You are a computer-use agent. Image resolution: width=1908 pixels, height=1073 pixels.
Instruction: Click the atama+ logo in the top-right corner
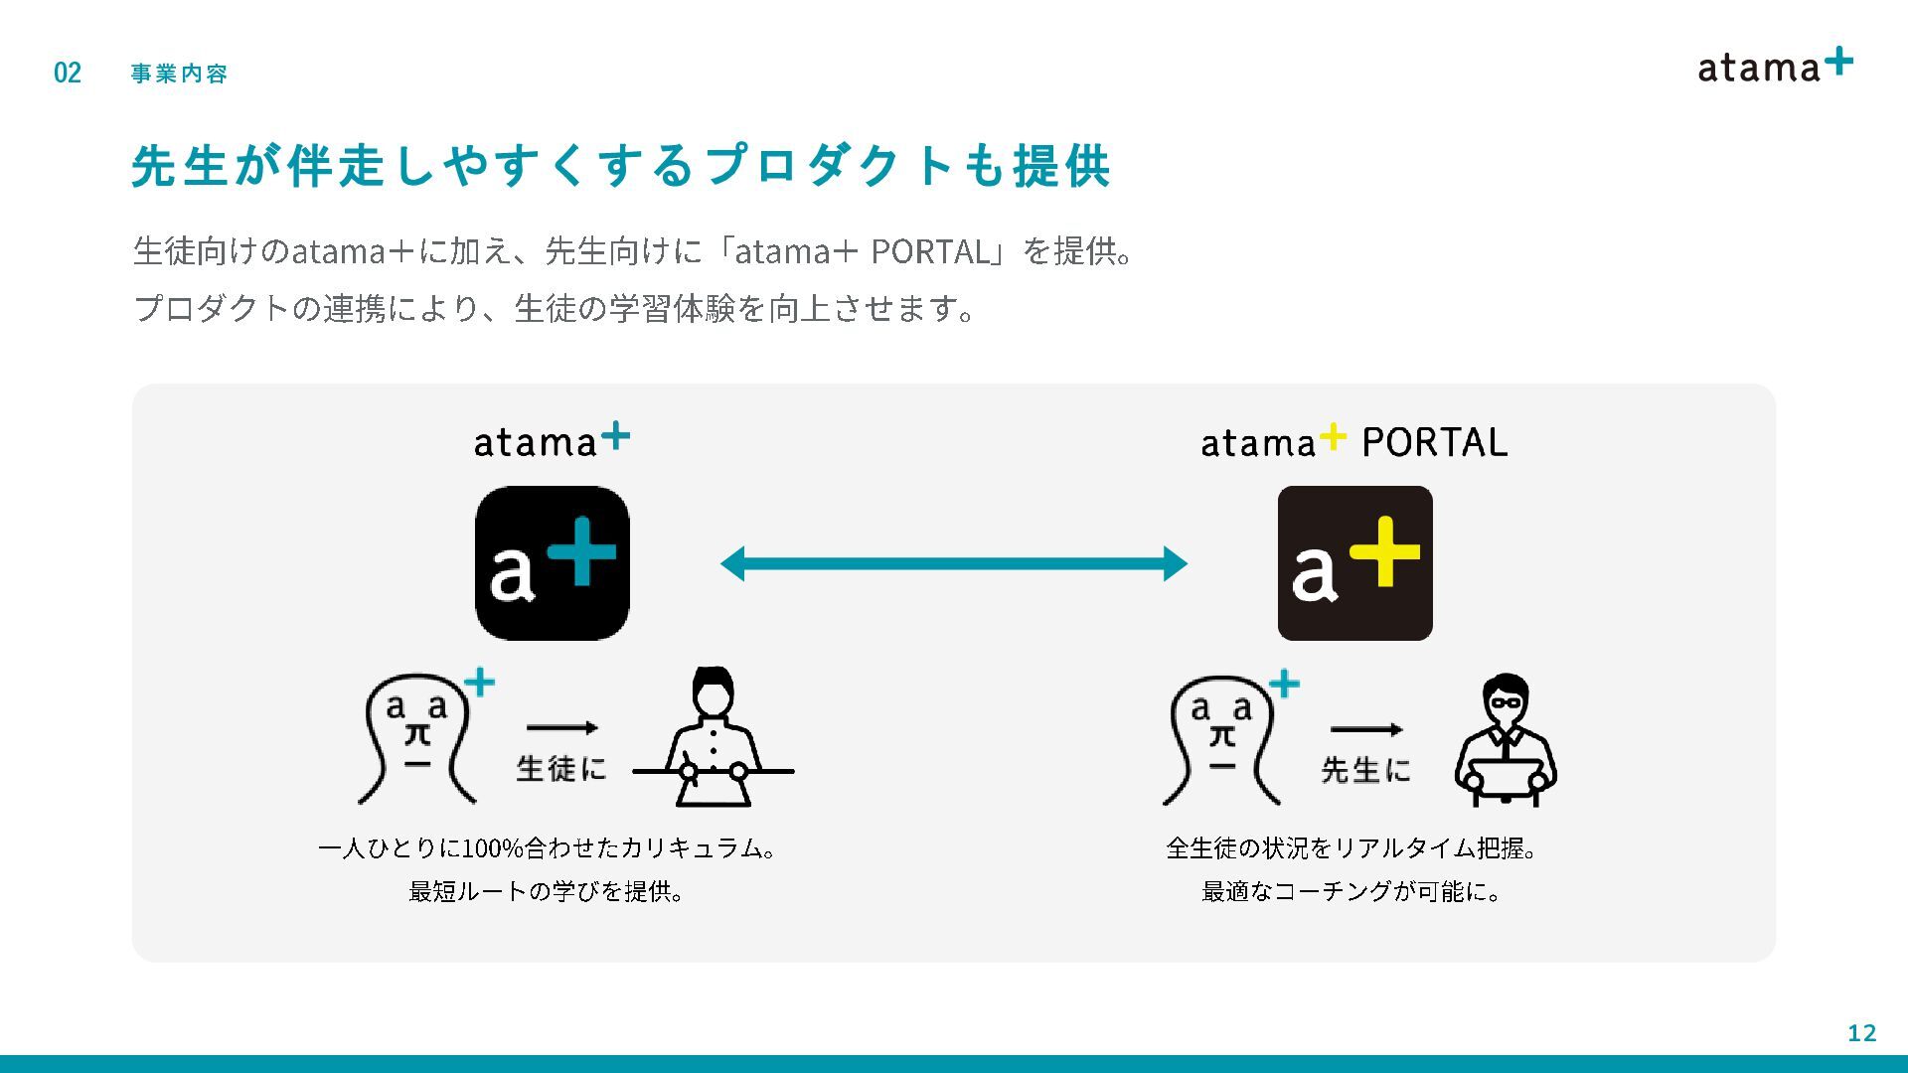(1775, 66)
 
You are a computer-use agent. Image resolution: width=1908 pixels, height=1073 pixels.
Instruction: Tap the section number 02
(68, 73)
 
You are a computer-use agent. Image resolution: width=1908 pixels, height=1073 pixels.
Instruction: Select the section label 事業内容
(179, 74)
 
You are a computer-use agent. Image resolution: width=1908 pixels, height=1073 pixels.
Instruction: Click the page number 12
(1861, 1033)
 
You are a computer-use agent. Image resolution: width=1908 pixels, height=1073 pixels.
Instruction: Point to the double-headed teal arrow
(954, 563)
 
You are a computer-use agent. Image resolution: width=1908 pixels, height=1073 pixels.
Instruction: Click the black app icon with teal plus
(553, 563)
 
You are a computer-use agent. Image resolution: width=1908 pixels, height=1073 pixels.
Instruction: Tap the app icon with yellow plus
(1354, 563)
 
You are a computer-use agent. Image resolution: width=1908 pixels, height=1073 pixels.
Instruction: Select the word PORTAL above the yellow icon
(1434, 443)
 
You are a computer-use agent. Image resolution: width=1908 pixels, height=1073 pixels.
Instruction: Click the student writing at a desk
(714, 737)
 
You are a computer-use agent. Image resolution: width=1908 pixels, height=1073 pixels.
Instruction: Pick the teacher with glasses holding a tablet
(1506, 740)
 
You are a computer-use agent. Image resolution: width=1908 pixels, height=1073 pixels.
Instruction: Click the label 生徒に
(561, 768)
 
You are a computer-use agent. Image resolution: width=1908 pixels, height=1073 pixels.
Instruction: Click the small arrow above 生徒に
(562, 728)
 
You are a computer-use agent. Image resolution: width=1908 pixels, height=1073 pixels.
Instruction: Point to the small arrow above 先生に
(1366, 730)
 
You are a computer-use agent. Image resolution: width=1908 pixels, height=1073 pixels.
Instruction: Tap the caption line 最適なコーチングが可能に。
(1351, 892)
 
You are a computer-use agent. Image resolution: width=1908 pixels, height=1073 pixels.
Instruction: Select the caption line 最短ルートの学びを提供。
(547, 892)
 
